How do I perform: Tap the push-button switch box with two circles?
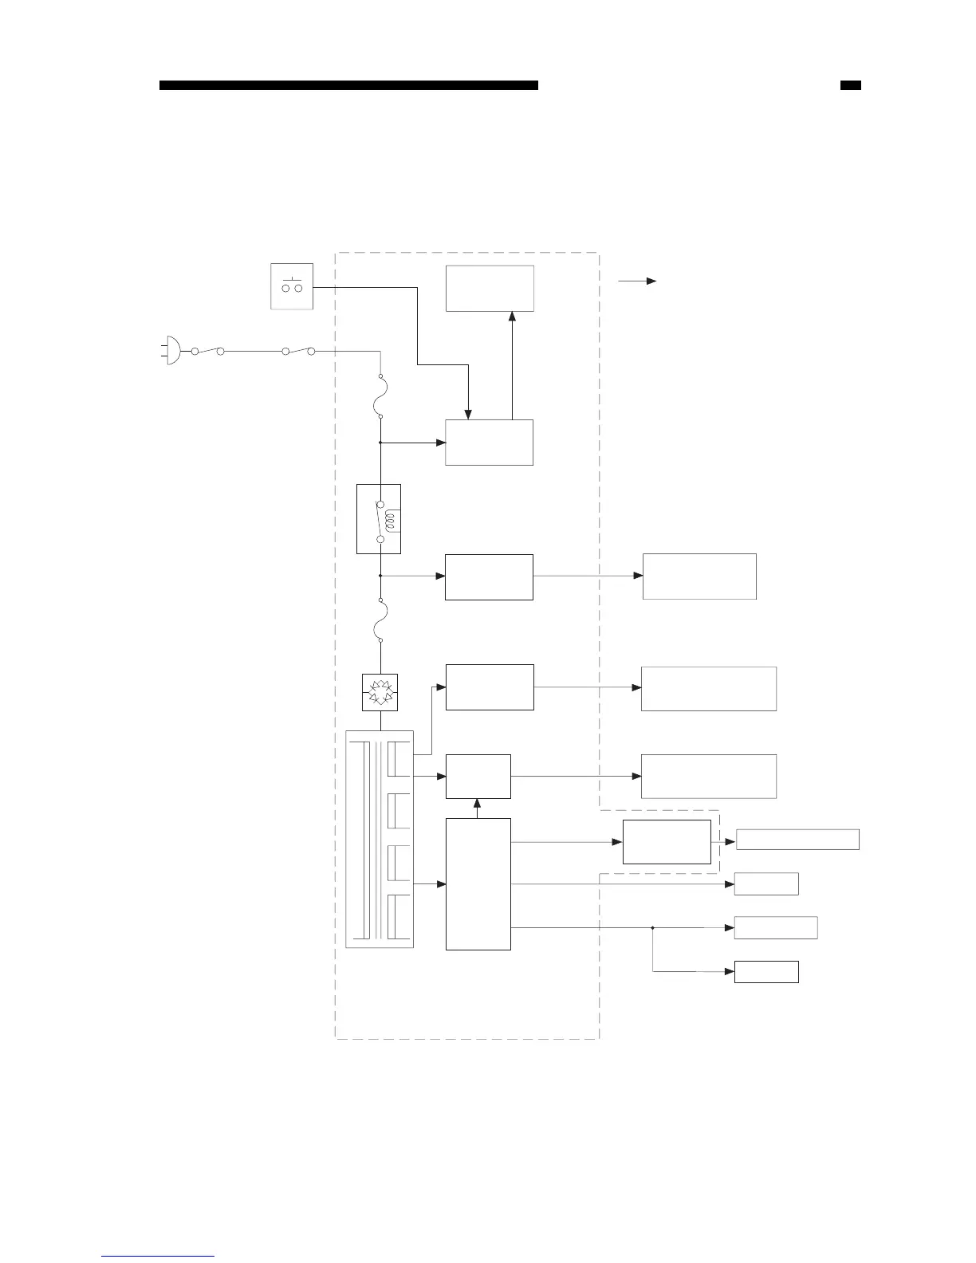292,286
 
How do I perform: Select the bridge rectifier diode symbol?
380,691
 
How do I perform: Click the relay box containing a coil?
379,518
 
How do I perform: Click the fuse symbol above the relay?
380,396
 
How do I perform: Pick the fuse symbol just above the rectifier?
380,620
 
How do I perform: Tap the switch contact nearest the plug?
208,350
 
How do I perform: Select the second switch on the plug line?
299,350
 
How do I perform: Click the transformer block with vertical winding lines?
380,839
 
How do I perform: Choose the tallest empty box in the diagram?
478,883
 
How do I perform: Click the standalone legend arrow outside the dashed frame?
637,281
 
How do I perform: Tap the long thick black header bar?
348,85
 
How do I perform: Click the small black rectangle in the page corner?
851,85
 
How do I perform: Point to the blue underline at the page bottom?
158,1256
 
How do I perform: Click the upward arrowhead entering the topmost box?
512,316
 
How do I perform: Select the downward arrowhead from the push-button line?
469,414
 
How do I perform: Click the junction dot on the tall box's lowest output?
652,928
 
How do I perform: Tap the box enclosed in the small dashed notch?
667,841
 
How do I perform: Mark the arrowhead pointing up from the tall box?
478,803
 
